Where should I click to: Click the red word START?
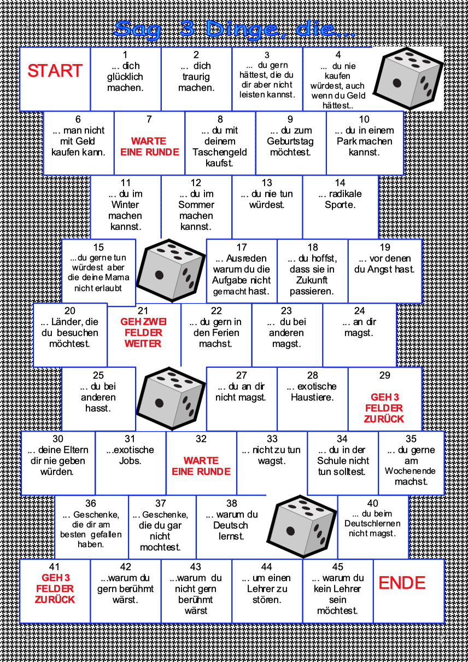55,71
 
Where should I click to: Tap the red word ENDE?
402,583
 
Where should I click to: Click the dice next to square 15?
163,270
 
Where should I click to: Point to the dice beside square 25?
163,398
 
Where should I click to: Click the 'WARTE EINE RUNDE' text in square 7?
149,147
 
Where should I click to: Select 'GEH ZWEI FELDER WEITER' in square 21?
143,333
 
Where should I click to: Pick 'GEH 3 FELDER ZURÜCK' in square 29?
384,408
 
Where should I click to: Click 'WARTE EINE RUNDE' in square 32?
201,466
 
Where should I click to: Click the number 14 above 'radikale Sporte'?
340,183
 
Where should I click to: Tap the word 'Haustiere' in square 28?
312,398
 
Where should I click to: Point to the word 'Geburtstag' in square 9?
290,141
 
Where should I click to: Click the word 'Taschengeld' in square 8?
220,152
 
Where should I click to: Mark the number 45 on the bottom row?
337,567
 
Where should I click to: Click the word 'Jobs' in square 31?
130,461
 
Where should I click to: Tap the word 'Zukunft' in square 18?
312,280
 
